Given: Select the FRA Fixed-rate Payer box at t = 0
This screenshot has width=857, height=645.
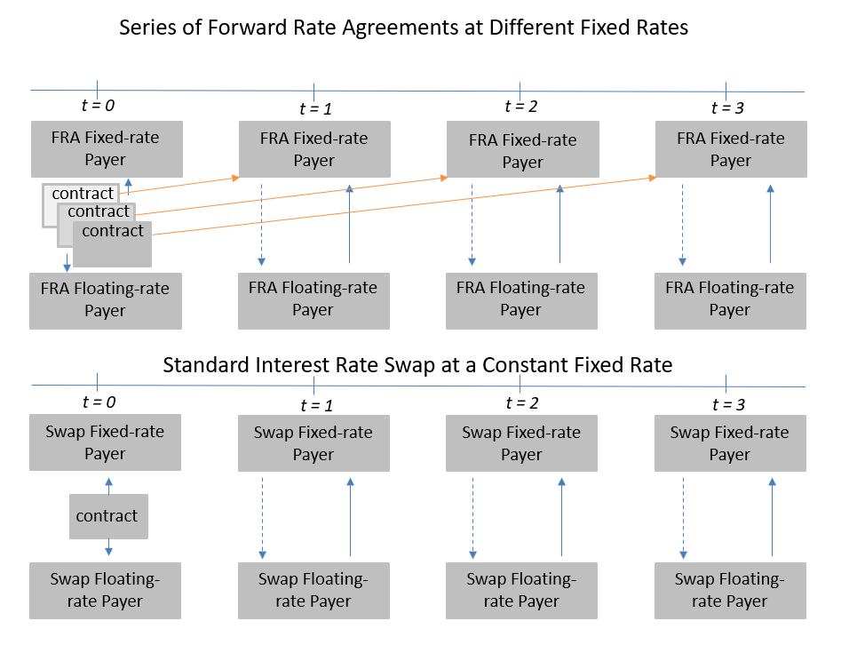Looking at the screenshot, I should (x=106, y=148).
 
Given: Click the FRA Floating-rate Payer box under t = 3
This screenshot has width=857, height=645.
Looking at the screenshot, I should (x=730, y=299).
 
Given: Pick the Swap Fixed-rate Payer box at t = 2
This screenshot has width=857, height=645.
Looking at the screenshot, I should (x=520, y=443).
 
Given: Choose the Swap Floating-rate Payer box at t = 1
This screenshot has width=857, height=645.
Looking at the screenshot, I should (x=313, y=590).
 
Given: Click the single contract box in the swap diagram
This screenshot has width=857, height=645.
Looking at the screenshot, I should (x=107, y=516).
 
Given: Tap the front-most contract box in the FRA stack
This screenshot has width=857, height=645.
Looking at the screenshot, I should (x=112, y=243).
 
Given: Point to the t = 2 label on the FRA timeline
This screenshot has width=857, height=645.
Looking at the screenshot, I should (x=521, y=107).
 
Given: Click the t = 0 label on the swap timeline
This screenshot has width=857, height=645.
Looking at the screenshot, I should (x=98, y=402).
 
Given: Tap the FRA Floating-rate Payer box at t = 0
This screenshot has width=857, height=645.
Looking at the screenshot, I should (x=106, y=300).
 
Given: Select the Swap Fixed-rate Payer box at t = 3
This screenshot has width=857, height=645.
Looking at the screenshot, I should (x=730, y=443).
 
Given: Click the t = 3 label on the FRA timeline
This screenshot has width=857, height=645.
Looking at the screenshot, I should (x=728, y=108).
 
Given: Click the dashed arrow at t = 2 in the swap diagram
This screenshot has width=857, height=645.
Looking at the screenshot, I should (x=472, y=516).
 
